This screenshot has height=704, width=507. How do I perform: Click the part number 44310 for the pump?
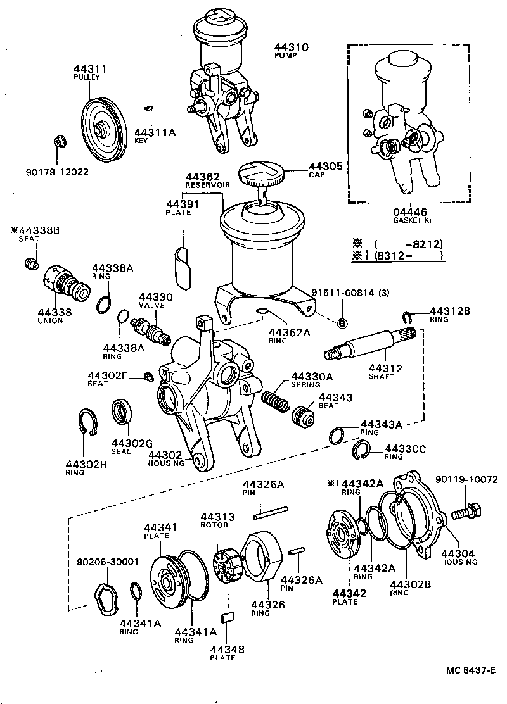pyautogui.click(x=291, y=47)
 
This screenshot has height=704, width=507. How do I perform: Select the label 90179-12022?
pyautogui.click(x=57, y=172)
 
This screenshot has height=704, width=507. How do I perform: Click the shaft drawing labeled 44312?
pyautogui.click(x=368, y=345)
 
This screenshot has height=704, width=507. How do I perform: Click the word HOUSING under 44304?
pyautogui.click(x=459, y=562)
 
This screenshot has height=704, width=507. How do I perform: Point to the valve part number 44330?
pyautogui.click(x=151, y=296)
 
